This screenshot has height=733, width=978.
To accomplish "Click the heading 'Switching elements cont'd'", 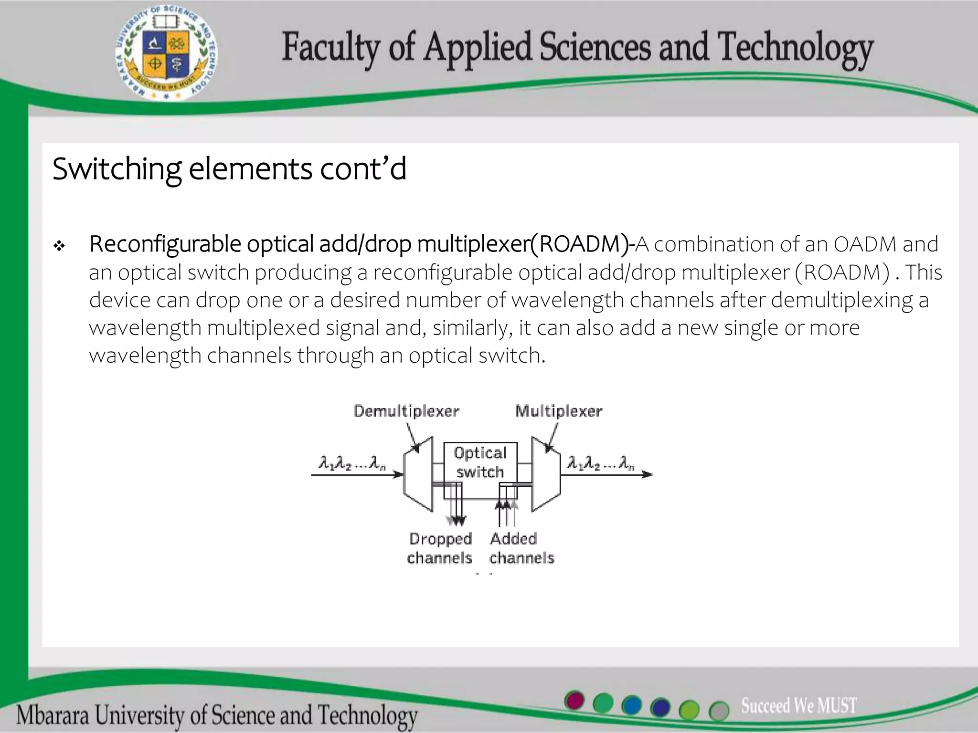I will pos(229,169).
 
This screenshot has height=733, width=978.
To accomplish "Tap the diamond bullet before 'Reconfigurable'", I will pos(59,246).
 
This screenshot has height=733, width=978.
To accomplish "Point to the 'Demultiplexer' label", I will pos(406,411).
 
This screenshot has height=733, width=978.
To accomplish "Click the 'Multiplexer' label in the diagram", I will pos(559,411).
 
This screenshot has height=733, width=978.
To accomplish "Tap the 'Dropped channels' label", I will pos(440,548).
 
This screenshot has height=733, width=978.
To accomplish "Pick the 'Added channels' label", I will pos(521,548).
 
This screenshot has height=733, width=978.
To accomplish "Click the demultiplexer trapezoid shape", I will pos(418,473).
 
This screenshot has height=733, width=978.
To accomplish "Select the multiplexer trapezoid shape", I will pos(546,473).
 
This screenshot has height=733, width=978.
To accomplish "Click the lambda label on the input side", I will pos(352,463).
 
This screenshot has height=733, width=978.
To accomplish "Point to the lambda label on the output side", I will pos(600,463).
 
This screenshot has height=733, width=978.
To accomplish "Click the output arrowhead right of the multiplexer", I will pos(648,474).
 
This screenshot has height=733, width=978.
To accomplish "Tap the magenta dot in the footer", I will pos(574,701).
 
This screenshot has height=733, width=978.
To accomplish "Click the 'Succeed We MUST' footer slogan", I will pos(798,705).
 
